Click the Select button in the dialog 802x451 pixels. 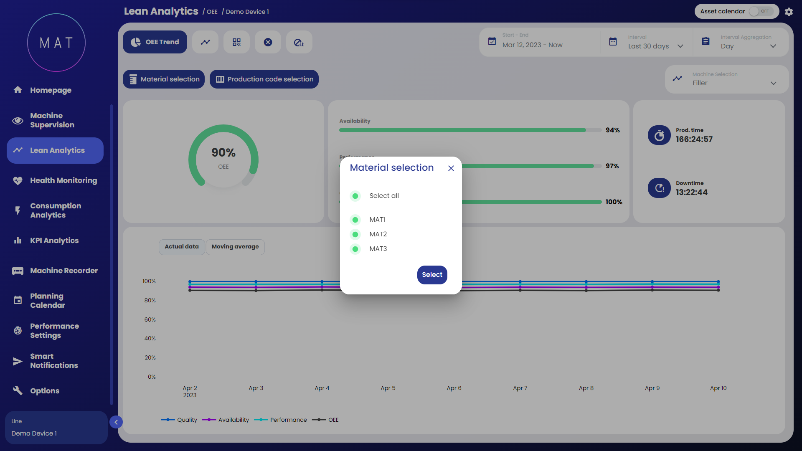(x=432, y=275)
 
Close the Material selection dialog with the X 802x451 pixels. (x=451, y=168)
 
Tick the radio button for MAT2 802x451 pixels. (x=355, y=234)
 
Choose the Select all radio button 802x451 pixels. (x=355, y=196)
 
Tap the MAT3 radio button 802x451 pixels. (x=355, y=249)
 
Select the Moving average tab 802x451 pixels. (x=235, y=247)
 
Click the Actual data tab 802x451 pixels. (x=182, y=247)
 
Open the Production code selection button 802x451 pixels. (x=264, y=79)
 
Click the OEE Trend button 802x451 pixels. (x=155, y=42)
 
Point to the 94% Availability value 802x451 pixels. (x=613, y=130)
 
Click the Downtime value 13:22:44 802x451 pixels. (x=692, y=193)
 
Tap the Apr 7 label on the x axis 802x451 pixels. (x=520, y=388)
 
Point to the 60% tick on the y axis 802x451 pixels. (x=150, y=319)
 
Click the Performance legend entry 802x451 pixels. (x=288, y=420)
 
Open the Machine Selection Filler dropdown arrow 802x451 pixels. (x=773, y=83)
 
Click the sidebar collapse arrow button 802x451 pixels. (x=116, y=422)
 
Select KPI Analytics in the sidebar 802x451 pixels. (x=54, y=241)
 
